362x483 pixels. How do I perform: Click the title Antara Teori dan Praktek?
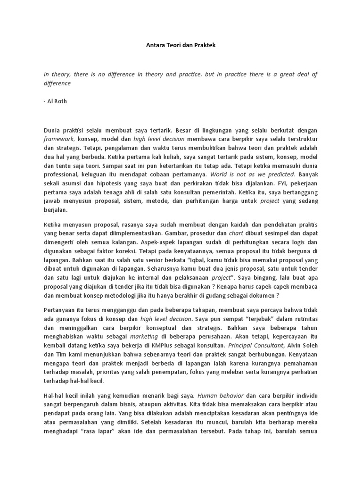coord(181,46)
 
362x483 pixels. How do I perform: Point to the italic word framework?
coord(59,139)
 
